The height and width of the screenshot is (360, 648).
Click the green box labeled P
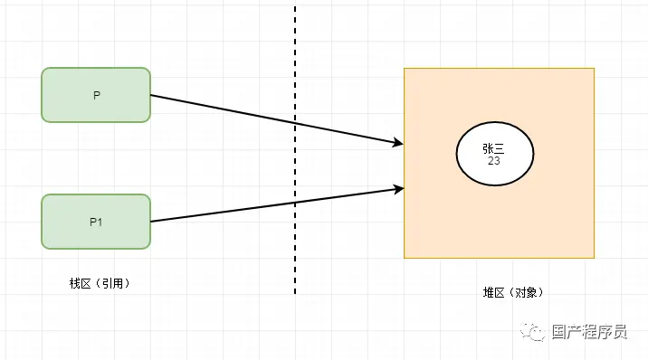pos(96,94)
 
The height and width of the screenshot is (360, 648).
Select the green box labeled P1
pos(96,222)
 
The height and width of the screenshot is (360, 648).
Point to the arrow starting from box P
pos(272,118)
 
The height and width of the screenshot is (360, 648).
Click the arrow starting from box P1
pos(272,205)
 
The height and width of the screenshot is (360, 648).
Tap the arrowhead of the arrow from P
pos(396,143)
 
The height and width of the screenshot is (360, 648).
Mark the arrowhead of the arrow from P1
pos(396,189)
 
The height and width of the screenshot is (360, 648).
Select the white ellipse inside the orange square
pos(494,153)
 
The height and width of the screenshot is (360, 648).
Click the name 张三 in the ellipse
pos(494,147)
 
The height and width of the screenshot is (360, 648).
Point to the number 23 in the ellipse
pos(494,161)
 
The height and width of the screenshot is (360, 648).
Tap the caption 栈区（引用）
pos(100,283)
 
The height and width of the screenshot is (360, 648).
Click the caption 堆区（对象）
pos(512,292)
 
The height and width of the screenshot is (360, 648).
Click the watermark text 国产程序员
pos(589,332)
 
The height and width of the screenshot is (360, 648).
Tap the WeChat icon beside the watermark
pos(538,332)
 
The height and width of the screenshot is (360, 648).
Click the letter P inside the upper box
pos(96,95)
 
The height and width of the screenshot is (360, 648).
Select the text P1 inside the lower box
pos(96,222)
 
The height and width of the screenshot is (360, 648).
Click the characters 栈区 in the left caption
pos(80,283)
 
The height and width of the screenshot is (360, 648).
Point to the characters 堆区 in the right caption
pos(491,292)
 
